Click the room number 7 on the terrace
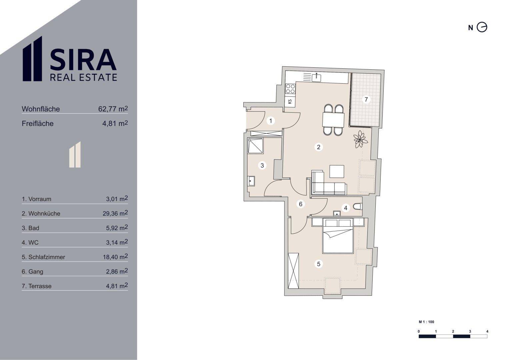[366, 99]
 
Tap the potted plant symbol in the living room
[360, 139]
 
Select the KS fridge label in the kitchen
[290, 101]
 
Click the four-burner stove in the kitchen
[290, 89]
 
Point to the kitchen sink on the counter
[316, 77]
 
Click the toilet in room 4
[358, 207]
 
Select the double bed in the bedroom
[338, 236]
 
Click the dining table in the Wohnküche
[333, 120]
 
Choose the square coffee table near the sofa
[337, 171]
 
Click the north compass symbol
[482, 27]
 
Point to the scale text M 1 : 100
[427, 322]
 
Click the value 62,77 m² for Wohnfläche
[113, 109]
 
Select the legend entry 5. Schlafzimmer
[43, 257]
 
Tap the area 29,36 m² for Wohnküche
[115, 213]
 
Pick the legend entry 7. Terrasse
[37, 286]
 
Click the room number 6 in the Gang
[300, 204]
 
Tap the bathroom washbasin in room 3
[251, 181]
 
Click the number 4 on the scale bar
[487, 331]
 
